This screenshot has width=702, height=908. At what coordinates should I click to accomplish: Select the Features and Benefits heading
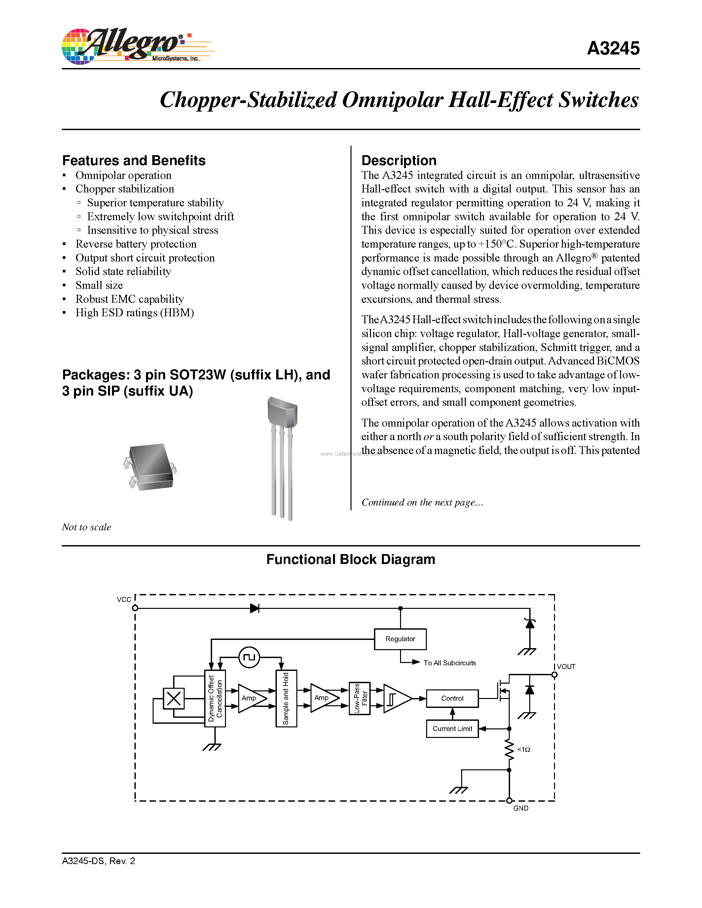[133, 160]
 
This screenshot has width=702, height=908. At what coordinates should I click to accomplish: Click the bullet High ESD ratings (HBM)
[134, 313]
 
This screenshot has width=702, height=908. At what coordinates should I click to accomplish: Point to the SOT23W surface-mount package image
[150, 467]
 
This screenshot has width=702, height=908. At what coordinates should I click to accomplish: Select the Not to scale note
[87, 527]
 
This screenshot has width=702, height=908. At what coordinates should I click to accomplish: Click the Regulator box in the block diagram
[400, 639]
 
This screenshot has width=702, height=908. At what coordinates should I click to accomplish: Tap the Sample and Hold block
[286, 698]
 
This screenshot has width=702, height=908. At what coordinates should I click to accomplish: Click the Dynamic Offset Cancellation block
[215, 698]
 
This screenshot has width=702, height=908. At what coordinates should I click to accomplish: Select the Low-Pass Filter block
[360, 698]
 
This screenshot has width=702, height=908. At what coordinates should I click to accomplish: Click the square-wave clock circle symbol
[249, 657]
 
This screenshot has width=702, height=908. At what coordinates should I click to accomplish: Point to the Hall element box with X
[173, 698]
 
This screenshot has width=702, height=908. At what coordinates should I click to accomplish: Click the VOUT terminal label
[566, 666]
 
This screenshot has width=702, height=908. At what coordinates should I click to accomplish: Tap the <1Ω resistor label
[524, 750]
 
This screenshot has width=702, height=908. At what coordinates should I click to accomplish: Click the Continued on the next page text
[422, 502]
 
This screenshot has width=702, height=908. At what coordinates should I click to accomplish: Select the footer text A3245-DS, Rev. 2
[98, 861]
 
